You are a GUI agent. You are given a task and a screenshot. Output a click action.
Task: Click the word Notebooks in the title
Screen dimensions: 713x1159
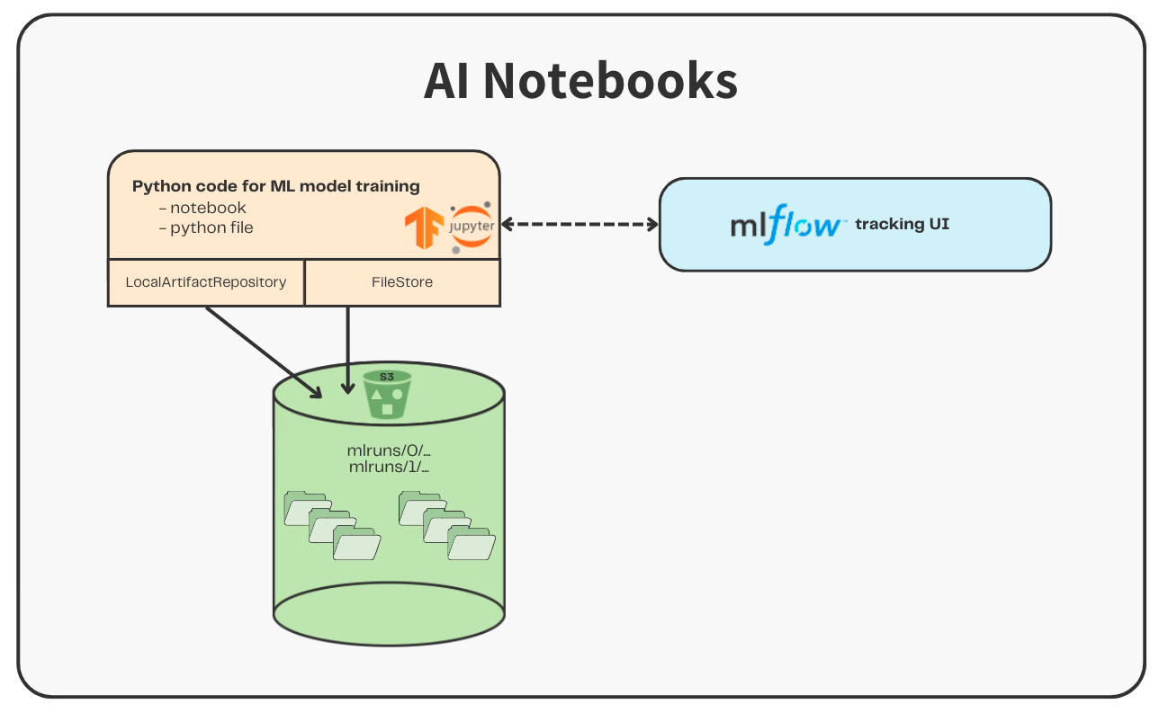tap(611, 81)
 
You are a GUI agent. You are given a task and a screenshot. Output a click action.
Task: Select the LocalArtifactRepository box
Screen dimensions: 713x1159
tap(206, 282)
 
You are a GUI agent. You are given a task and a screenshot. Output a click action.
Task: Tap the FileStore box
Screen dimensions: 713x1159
tap(402, 282)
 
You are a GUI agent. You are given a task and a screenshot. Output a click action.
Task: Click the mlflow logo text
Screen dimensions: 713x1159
tap(787, 225)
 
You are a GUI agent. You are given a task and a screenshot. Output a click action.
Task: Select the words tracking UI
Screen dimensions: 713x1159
tap(902, 224)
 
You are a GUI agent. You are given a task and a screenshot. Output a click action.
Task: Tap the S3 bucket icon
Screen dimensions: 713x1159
tap(387, 395)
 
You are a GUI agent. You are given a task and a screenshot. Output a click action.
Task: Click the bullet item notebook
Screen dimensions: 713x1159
tap(207, 208)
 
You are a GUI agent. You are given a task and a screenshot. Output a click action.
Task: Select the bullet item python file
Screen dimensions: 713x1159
tap(211, 227)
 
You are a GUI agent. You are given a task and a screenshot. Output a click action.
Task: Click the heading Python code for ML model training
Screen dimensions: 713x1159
tap(275, 186)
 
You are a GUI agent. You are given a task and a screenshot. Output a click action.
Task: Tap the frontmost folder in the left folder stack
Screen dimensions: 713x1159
tap(356, 545)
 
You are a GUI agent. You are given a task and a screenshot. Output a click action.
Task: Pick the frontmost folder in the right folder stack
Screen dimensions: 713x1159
tap(472, 545)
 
